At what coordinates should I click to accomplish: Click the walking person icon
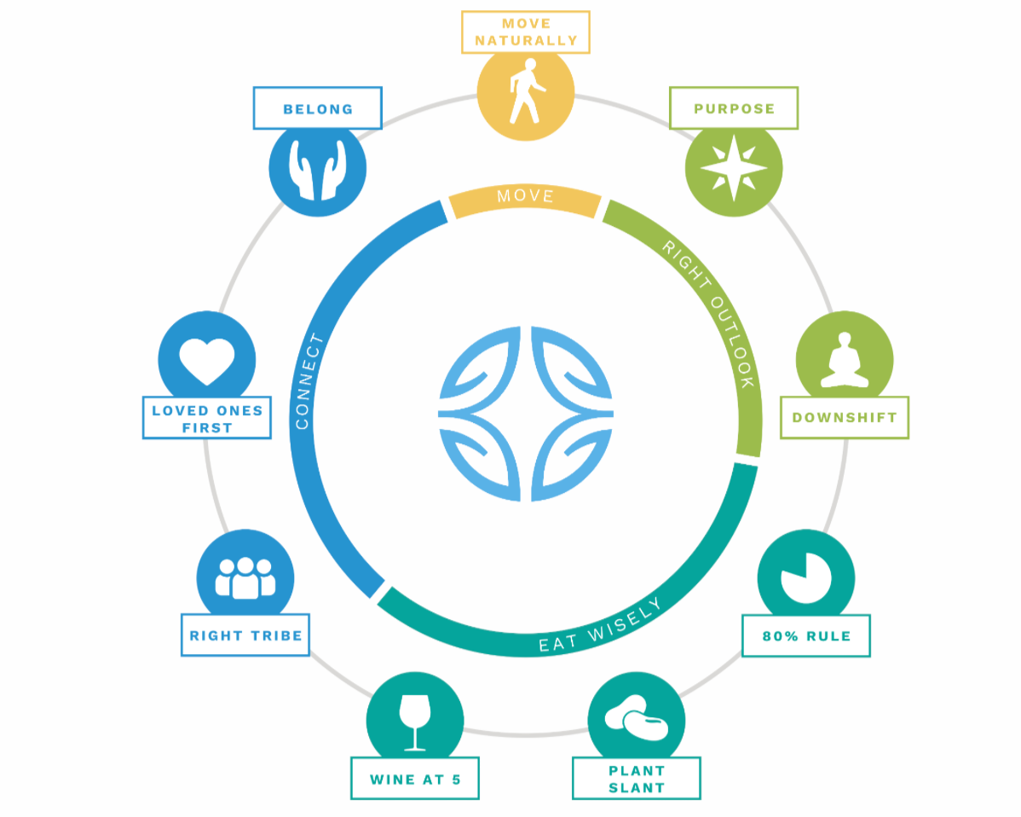point(525,91)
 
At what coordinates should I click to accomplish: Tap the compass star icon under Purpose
point(734,168)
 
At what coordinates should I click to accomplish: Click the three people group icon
point(245,577)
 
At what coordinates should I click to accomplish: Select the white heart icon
point(207,360)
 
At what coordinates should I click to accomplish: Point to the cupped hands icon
point(317,167)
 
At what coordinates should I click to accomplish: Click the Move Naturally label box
point(526,32)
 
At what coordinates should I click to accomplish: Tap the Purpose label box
point(734,108)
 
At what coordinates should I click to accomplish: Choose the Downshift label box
point(844,418)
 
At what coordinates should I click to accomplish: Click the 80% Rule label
point(805,636)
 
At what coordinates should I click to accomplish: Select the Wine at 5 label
point(414,779)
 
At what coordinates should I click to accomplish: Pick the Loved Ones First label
point(207,418)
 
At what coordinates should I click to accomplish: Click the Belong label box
point(317,108)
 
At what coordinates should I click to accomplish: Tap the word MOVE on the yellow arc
point(525,197)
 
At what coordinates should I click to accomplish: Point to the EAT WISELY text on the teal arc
point(599,626)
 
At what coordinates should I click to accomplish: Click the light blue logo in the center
point(525,413)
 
